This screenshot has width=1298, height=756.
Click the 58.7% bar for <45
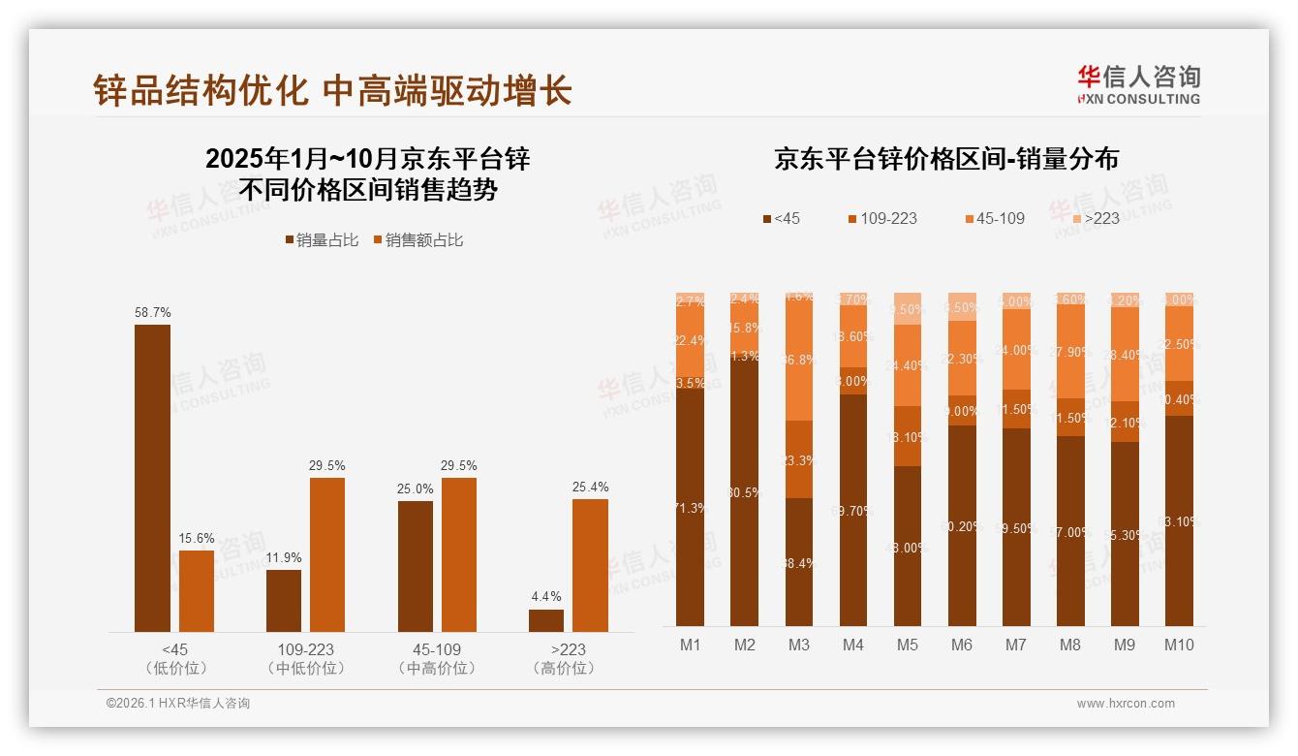pyautogui.click(x=152, y=478)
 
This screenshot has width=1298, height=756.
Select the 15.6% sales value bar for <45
pyautogui.click(x=197, y=591)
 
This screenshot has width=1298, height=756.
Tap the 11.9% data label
pyautogui.click(x=284, y=558)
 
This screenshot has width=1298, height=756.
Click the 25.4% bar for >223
pyautogui.click(x=590, y=565)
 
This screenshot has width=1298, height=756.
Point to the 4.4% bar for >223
pyautogui.click(x=545, y=620)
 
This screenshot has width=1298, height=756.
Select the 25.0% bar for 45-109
pyautogui.click(x=416, y=566)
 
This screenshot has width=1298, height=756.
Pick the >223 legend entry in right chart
pyautogui.click(x=1095, y=219)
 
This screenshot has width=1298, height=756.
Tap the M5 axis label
pyautogui.click(x=907, y=646)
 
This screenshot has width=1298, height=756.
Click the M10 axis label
pyautogui.click(x=1179, y=646)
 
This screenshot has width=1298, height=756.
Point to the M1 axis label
pyautogui.click(x=690, y=646)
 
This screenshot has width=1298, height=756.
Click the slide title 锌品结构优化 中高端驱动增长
pyautogui.click(x=332, y=90)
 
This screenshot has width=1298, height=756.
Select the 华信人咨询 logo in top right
pyautogui.click(x=1138, y=84)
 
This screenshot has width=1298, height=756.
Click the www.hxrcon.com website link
pyautogui.click(x=1126, y=704)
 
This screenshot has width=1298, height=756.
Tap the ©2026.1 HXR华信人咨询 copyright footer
pyautogui.click(x=177, y=704)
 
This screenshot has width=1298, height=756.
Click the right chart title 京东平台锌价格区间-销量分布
pyautogui.click(x=946, y=159)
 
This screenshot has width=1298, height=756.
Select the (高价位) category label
pyautogui.click(x=568, y=669)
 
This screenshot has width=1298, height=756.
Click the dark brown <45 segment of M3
pyautogui.click(x=798, y=562)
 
